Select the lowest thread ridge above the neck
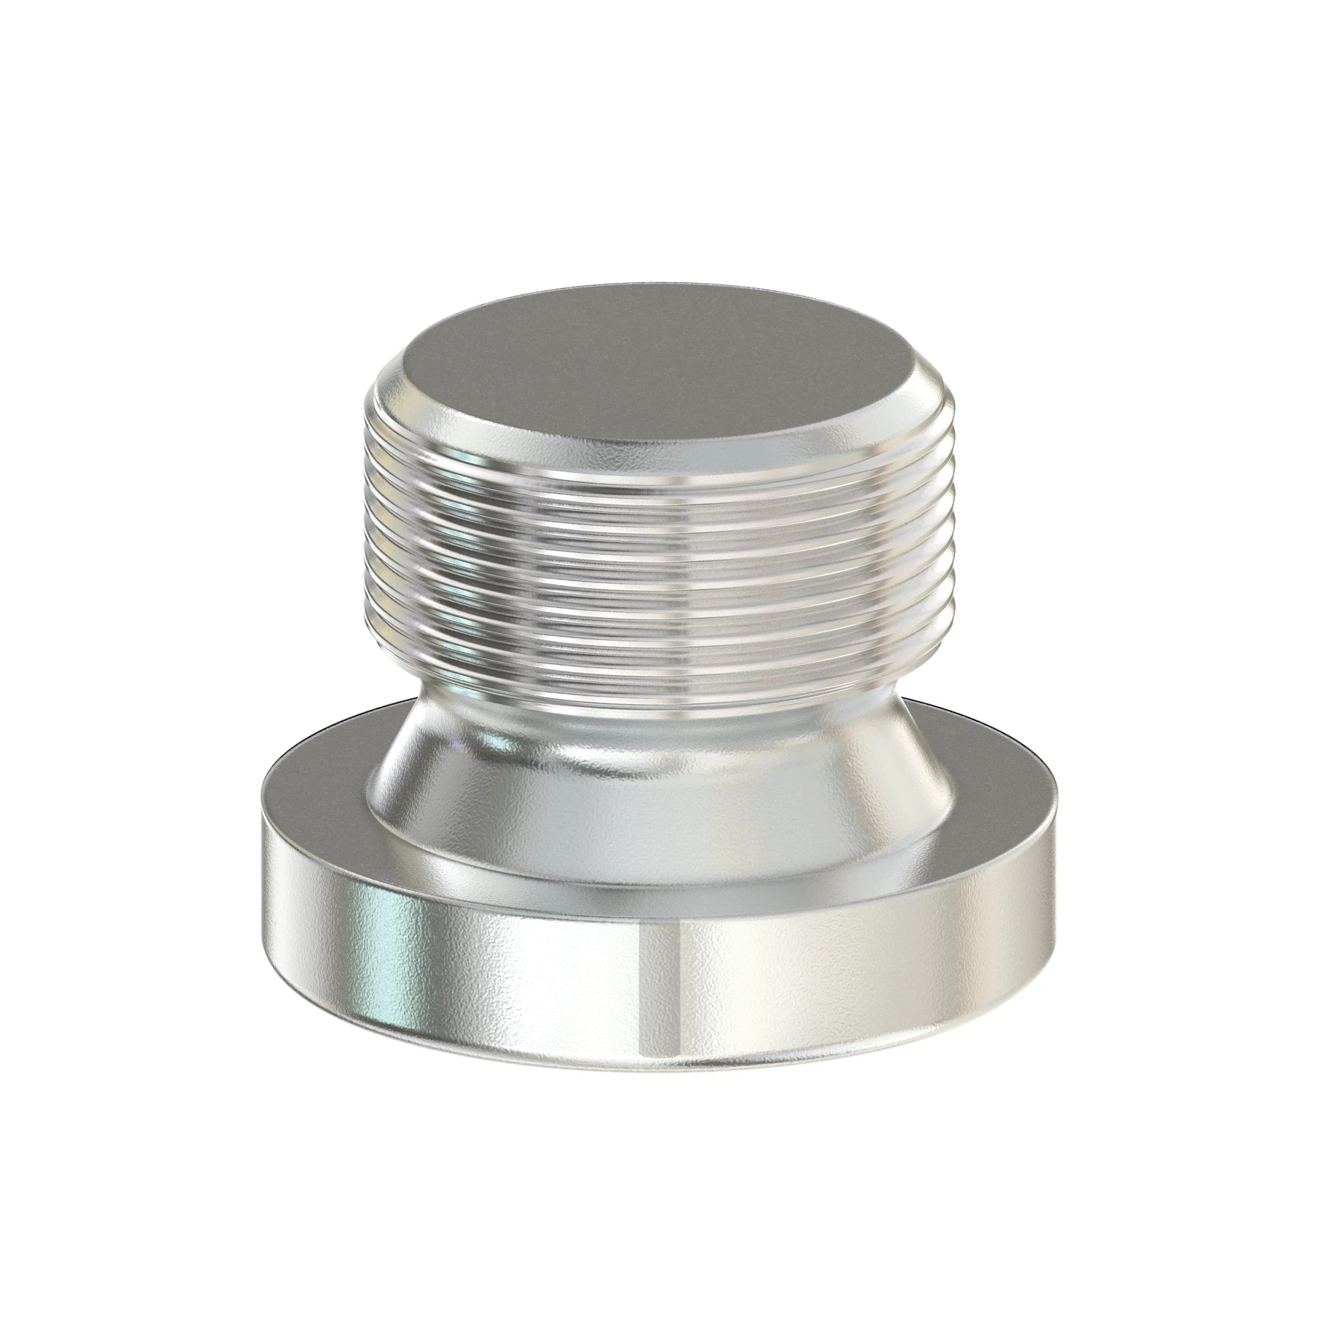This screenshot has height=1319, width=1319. point(656,690)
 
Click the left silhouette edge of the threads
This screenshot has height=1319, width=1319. point(363,560)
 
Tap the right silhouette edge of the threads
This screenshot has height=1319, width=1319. point(948,560)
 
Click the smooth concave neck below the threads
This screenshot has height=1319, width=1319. point(656,723)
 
